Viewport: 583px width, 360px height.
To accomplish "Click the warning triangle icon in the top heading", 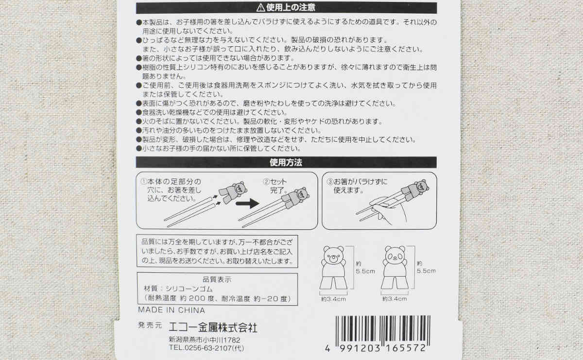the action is click(260, 8).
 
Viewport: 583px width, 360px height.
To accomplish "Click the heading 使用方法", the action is click(286, 163).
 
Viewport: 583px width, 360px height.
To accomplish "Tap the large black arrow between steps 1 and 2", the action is click(247, 203).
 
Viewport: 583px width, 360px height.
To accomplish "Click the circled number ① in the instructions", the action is click(143, 181).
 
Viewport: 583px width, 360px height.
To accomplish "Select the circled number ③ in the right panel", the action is click(330, 181).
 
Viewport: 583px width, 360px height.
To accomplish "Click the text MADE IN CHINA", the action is click(171, 310).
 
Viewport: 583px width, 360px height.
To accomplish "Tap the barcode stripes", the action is click(383, 330).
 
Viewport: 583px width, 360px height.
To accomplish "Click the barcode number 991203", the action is click(360, 348).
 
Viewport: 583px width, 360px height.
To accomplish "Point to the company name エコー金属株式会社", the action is click(213, 327).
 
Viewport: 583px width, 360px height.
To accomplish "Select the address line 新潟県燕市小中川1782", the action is click(205, 340).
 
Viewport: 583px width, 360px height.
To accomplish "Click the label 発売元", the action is click(150, 325).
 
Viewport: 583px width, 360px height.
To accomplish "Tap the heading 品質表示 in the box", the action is click(217, 279).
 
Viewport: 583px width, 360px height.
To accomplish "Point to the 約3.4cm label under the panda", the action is click(394, 299).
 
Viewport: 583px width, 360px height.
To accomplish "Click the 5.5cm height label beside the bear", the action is click(365, 271).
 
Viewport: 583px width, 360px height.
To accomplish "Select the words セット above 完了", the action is click(279, 181).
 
